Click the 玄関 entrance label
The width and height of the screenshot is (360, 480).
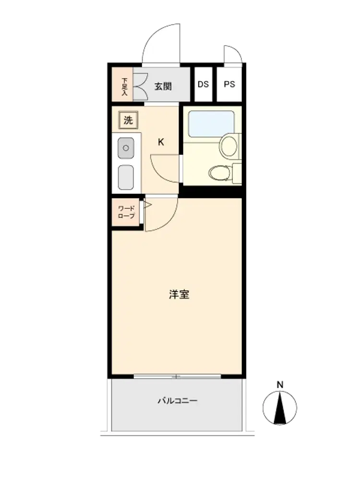click(163, 86)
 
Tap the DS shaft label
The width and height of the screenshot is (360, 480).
click(203, 84)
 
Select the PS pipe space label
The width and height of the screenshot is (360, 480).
click(229, 84)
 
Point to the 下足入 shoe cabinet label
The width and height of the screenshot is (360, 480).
click(124, 87)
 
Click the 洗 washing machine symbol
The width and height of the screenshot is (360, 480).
click(128, 120)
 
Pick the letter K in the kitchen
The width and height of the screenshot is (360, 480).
click(161, 142)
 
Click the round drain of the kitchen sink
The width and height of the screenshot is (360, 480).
click(126, 148)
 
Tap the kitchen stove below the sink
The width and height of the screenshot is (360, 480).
click(126, 178)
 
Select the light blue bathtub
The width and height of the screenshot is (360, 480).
click(211, 124)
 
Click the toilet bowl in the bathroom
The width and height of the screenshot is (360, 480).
click(219, 173)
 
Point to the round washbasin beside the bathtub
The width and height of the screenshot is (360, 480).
click(229, 146)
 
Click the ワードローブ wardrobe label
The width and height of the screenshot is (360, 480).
click(126, 212)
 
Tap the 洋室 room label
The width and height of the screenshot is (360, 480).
click(179, 294)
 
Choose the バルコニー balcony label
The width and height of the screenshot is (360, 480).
click(178, 401)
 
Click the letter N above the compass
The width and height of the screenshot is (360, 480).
click(280, 384)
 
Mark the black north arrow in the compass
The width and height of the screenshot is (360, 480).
click(280, 408)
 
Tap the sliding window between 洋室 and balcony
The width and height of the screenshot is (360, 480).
click(177, 376)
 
